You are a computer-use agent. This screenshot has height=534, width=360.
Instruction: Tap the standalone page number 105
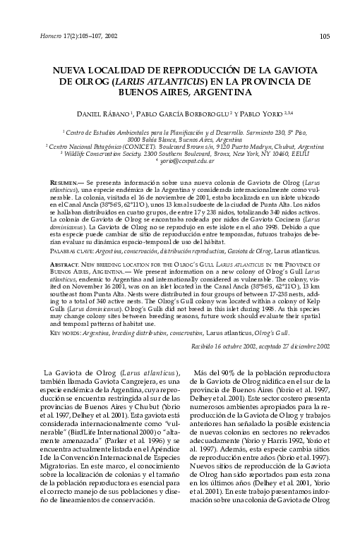(x=324, y=36)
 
